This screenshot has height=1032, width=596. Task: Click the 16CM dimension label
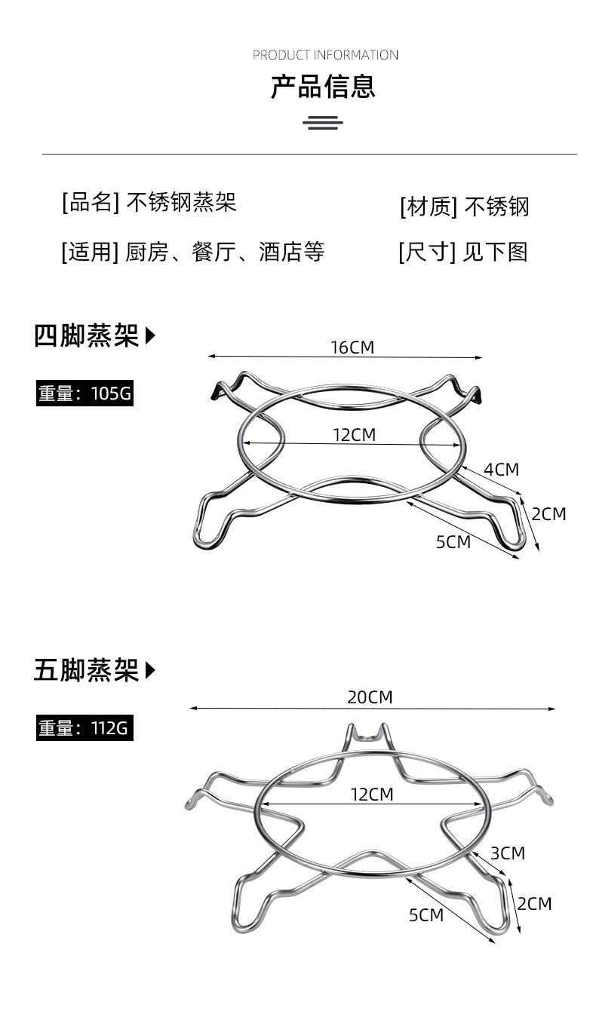352,348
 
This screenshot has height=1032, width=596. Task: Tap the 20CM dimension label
370,697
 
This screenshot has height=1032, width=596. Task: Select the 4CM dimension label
501,470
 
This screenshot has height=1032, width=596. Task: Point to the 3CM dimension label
507,853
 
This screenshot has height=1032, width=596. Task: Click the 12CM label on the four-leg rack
354,435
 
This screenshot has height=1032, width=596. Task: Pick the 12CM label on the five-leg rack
372,795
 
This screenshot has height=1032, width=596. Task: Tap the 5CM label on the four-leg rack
453,542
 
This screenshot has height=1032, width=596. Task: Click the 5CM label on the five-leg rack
426,915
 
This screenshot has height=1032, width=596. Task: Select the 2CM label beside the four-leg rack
548,514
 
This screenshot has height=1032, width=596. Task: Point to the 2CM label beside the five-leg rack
534,903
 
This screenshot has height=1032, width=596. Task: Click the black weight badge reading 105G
84,394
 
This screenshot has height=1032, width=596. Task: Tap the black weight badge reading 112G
84,728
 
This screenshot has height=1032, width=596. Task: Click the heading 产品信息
323,87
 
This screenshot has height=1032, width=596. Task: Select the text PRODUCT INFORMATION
325,55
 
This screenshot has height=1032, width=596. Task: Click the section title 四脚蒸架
86,335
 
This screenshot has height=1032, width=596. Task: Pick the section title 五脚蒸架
86,670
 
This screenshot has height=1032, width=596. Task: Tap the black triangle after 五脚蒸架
150,670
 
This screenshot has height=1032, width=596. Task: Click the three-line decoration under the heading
323,123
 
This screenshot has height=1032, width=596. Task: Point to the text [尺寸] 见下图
462,252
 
